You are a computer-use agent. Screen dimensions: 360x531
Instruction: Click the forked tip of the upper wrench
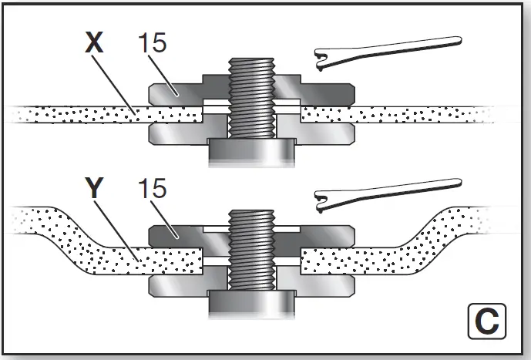[322, 56]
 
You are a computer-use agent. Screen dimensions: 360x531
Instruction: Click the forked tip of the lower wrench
[322, 203]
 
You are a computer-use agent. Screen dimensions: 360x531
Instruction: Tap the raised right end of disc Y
[478, 220]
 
